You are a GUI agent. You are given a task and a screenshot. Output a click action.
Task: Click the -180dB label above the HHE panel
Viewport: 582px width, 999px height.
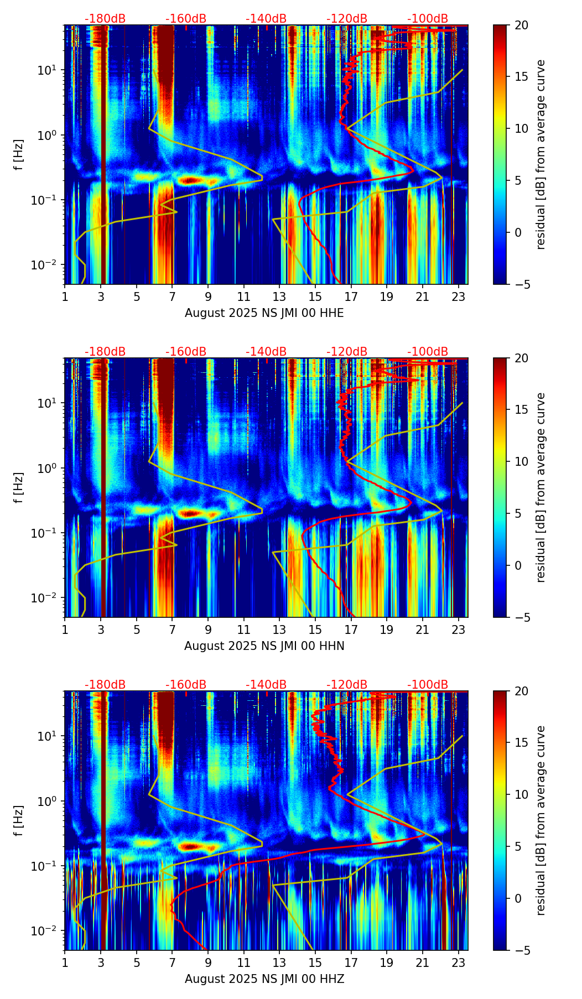coord(105,19)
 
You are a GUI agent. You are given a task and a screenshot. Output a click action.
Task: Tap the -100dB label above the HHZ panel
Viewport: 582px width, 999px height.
coord(428,685)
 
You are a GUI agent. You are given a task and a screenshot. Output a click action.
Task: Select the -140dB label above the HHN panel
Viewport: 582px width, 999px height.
coord(266,352)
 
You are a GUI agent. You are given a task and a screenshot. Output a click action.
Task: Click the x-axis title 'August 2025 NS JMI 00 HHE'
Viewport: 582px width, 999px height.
coord(264,313)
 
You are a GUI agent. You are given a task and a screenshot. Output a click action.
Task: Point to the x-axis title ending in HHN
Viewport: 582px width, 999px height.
coord(264,646)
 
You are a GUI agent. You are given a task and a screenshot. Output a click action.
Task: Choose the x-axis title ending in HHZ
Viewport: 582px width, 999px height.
coord(264,979)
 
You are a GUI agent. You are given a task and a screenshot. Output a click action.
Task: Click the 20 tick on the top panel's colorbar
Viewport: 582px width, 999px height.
coord(521,25)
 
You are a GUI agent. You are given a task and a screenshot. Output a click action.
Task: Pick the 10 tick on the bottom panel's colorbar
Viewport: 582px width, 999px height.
coord(521,794)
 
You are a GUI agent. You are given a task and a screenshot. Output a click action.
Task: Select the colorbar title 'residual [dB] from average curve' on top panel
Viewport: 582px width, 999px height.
coord(541,154)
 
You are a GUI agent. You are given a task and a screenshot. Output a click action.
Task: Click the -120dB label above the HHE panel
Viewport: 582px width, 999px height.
coord(347,19)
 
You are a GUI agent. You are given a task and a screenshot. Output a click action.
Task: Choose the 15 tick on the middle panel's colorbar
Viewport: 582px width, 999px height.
coord(521,410)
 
